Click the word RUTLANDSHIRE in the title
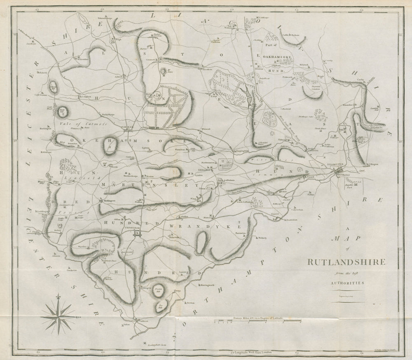(x=346, y=262)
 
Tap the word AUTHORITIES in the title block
(x=345, y=283)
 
